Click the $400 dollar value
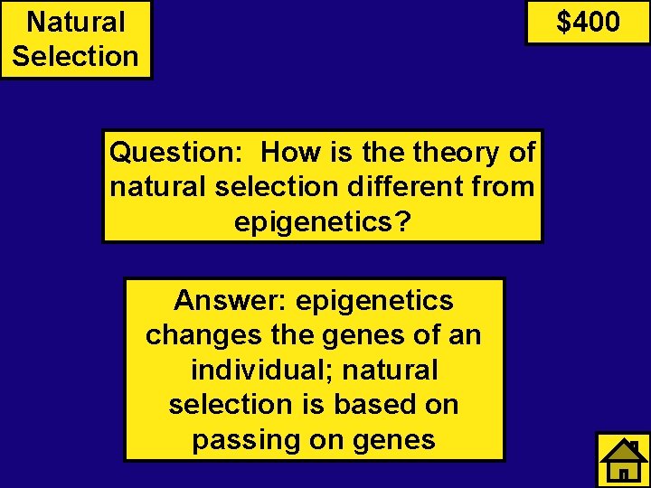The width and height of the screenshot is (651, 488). coord(588,21)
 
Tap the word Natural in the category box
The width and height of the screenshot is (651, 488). coord(76,21)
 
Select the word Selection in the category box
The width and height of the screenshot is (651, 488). coord(76,55)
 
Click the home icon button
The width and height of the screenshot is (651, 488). coord(623,460)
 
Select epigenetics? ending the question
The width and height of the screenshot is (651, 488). coord(323,221)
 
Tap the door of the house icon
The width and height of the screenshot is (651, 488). coord(623,473)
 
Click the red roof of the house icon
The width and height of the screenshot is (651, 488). coord(622,450)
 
